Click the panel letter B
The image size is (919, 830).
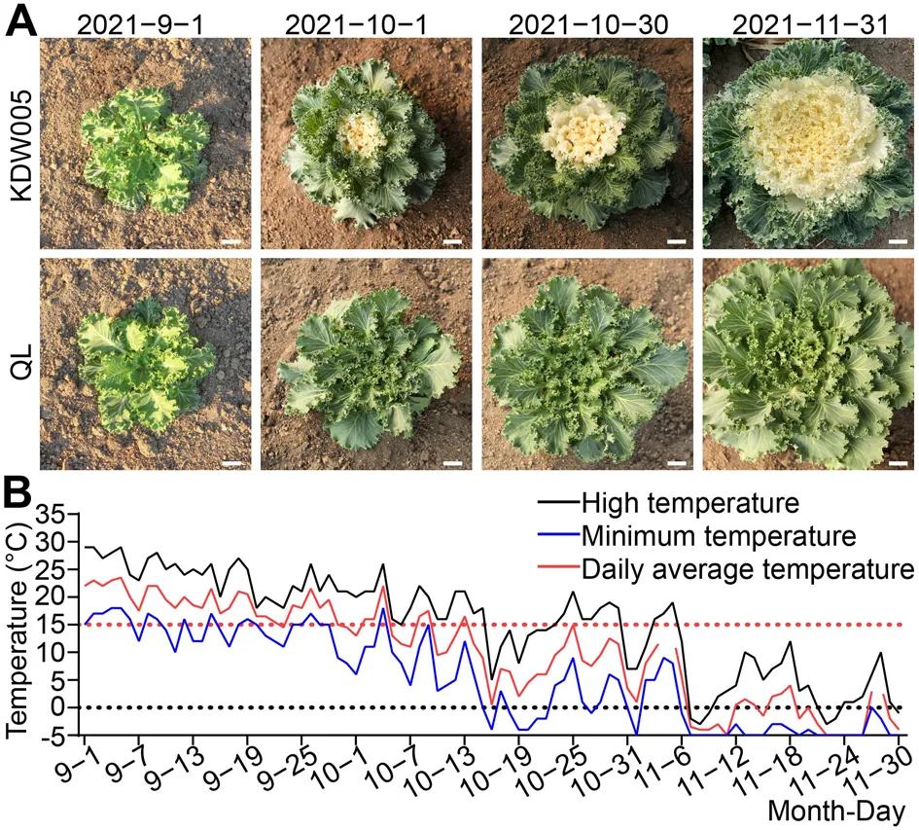[x=18, y=494]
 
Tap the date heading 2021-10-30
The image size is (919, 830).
[x=587, y=24]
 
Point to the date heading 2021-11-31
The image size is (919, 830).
[x=810, y=24]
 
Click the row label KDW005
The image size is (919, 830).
[x=21, y=144]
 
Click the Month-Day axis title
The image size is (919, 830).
[x=837, y=812]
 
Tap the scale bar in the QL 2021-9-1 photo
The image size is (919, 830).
[x=232, y=463]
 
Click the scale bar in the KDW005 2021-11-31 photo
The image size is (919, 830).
[x=898, y=241]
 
